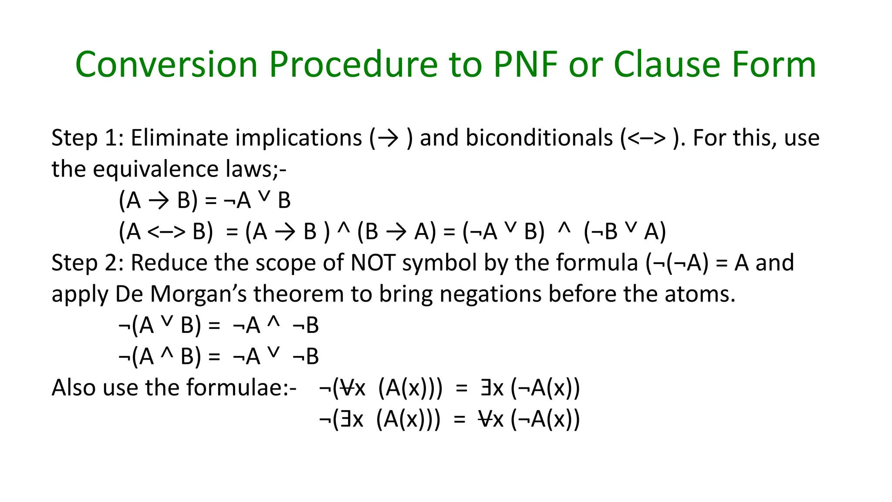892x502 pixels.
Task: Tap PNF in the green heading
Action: (526, 64)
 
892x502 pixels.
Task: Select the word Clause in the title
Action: (667, 64)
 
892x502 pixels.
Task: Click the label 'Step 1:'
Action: (88, 138)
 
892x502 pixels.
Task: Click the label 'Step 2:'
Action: (88, 263)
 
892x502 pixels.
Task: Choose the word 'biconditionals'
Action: (539, 138)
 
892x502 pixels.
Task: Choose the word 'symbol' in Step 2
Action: (439, 263)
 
